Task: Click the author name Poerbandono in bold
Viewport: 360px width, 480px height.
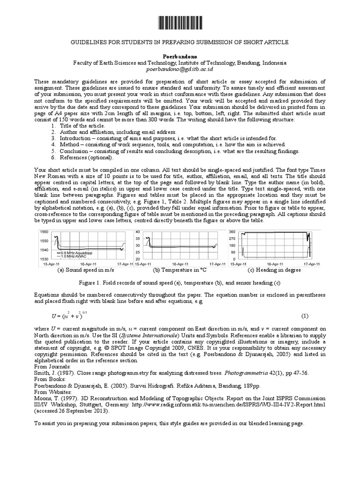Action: click(180, 55)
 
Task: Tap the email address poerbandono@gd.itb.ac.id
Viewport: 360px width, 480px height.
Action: click(180, 69)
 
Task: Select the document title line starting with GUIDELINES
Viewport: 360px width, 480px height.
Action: click(180, 42)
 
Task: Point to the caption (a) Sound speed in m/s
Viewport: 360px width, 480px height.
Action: click(86, 270)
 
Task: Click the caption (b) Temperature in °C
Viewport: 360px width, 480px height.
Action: click(180, 270)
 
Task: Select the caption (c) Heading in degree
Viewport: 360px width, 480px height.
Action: click(273, 270)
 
